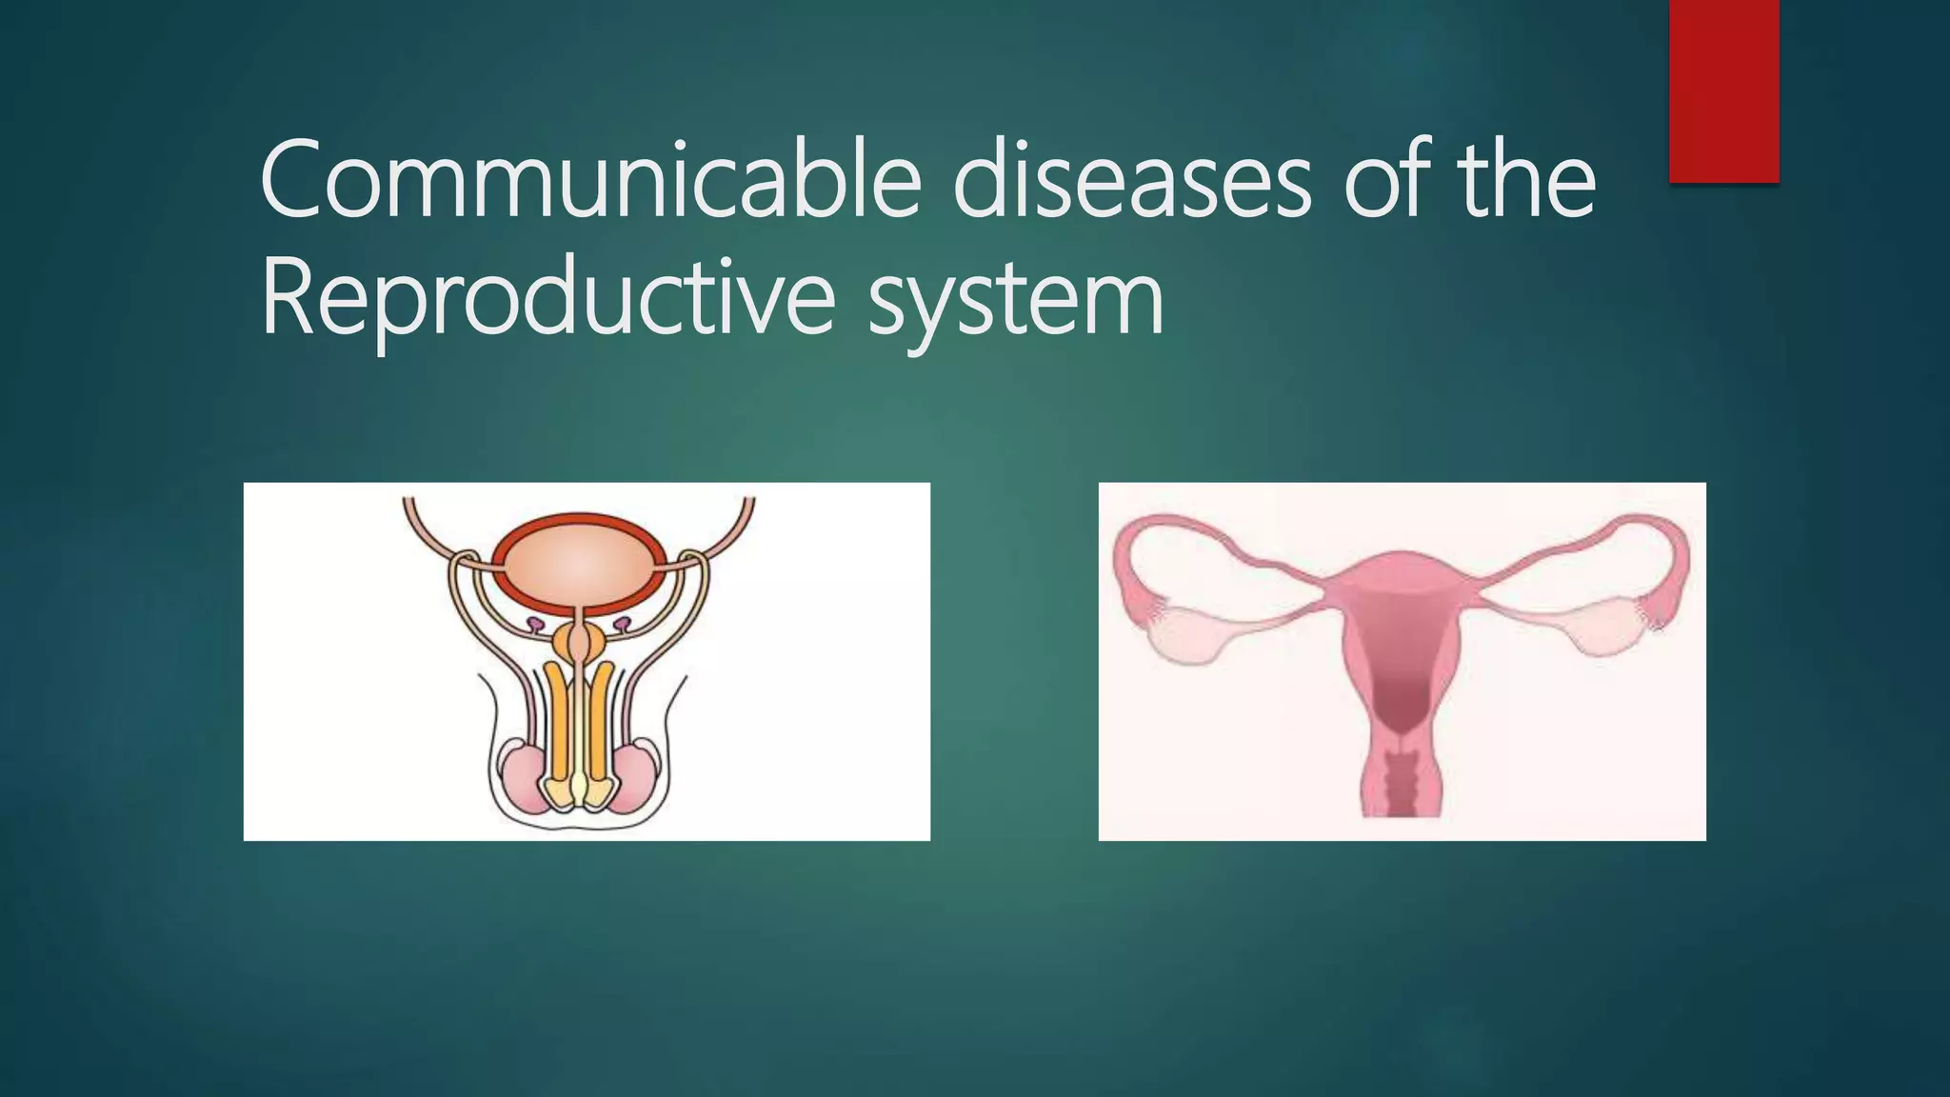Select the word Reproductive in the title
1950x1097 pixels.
(x=548, y=297)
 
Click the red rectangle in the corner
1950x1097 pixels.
(x=1723, y=90)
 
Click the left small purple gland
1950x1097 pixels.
(x=536, y=625)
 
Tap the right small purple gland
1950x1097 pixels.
(x=622, y=625)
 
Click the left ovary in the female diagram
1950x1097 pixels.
(x=1190, y=636)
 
